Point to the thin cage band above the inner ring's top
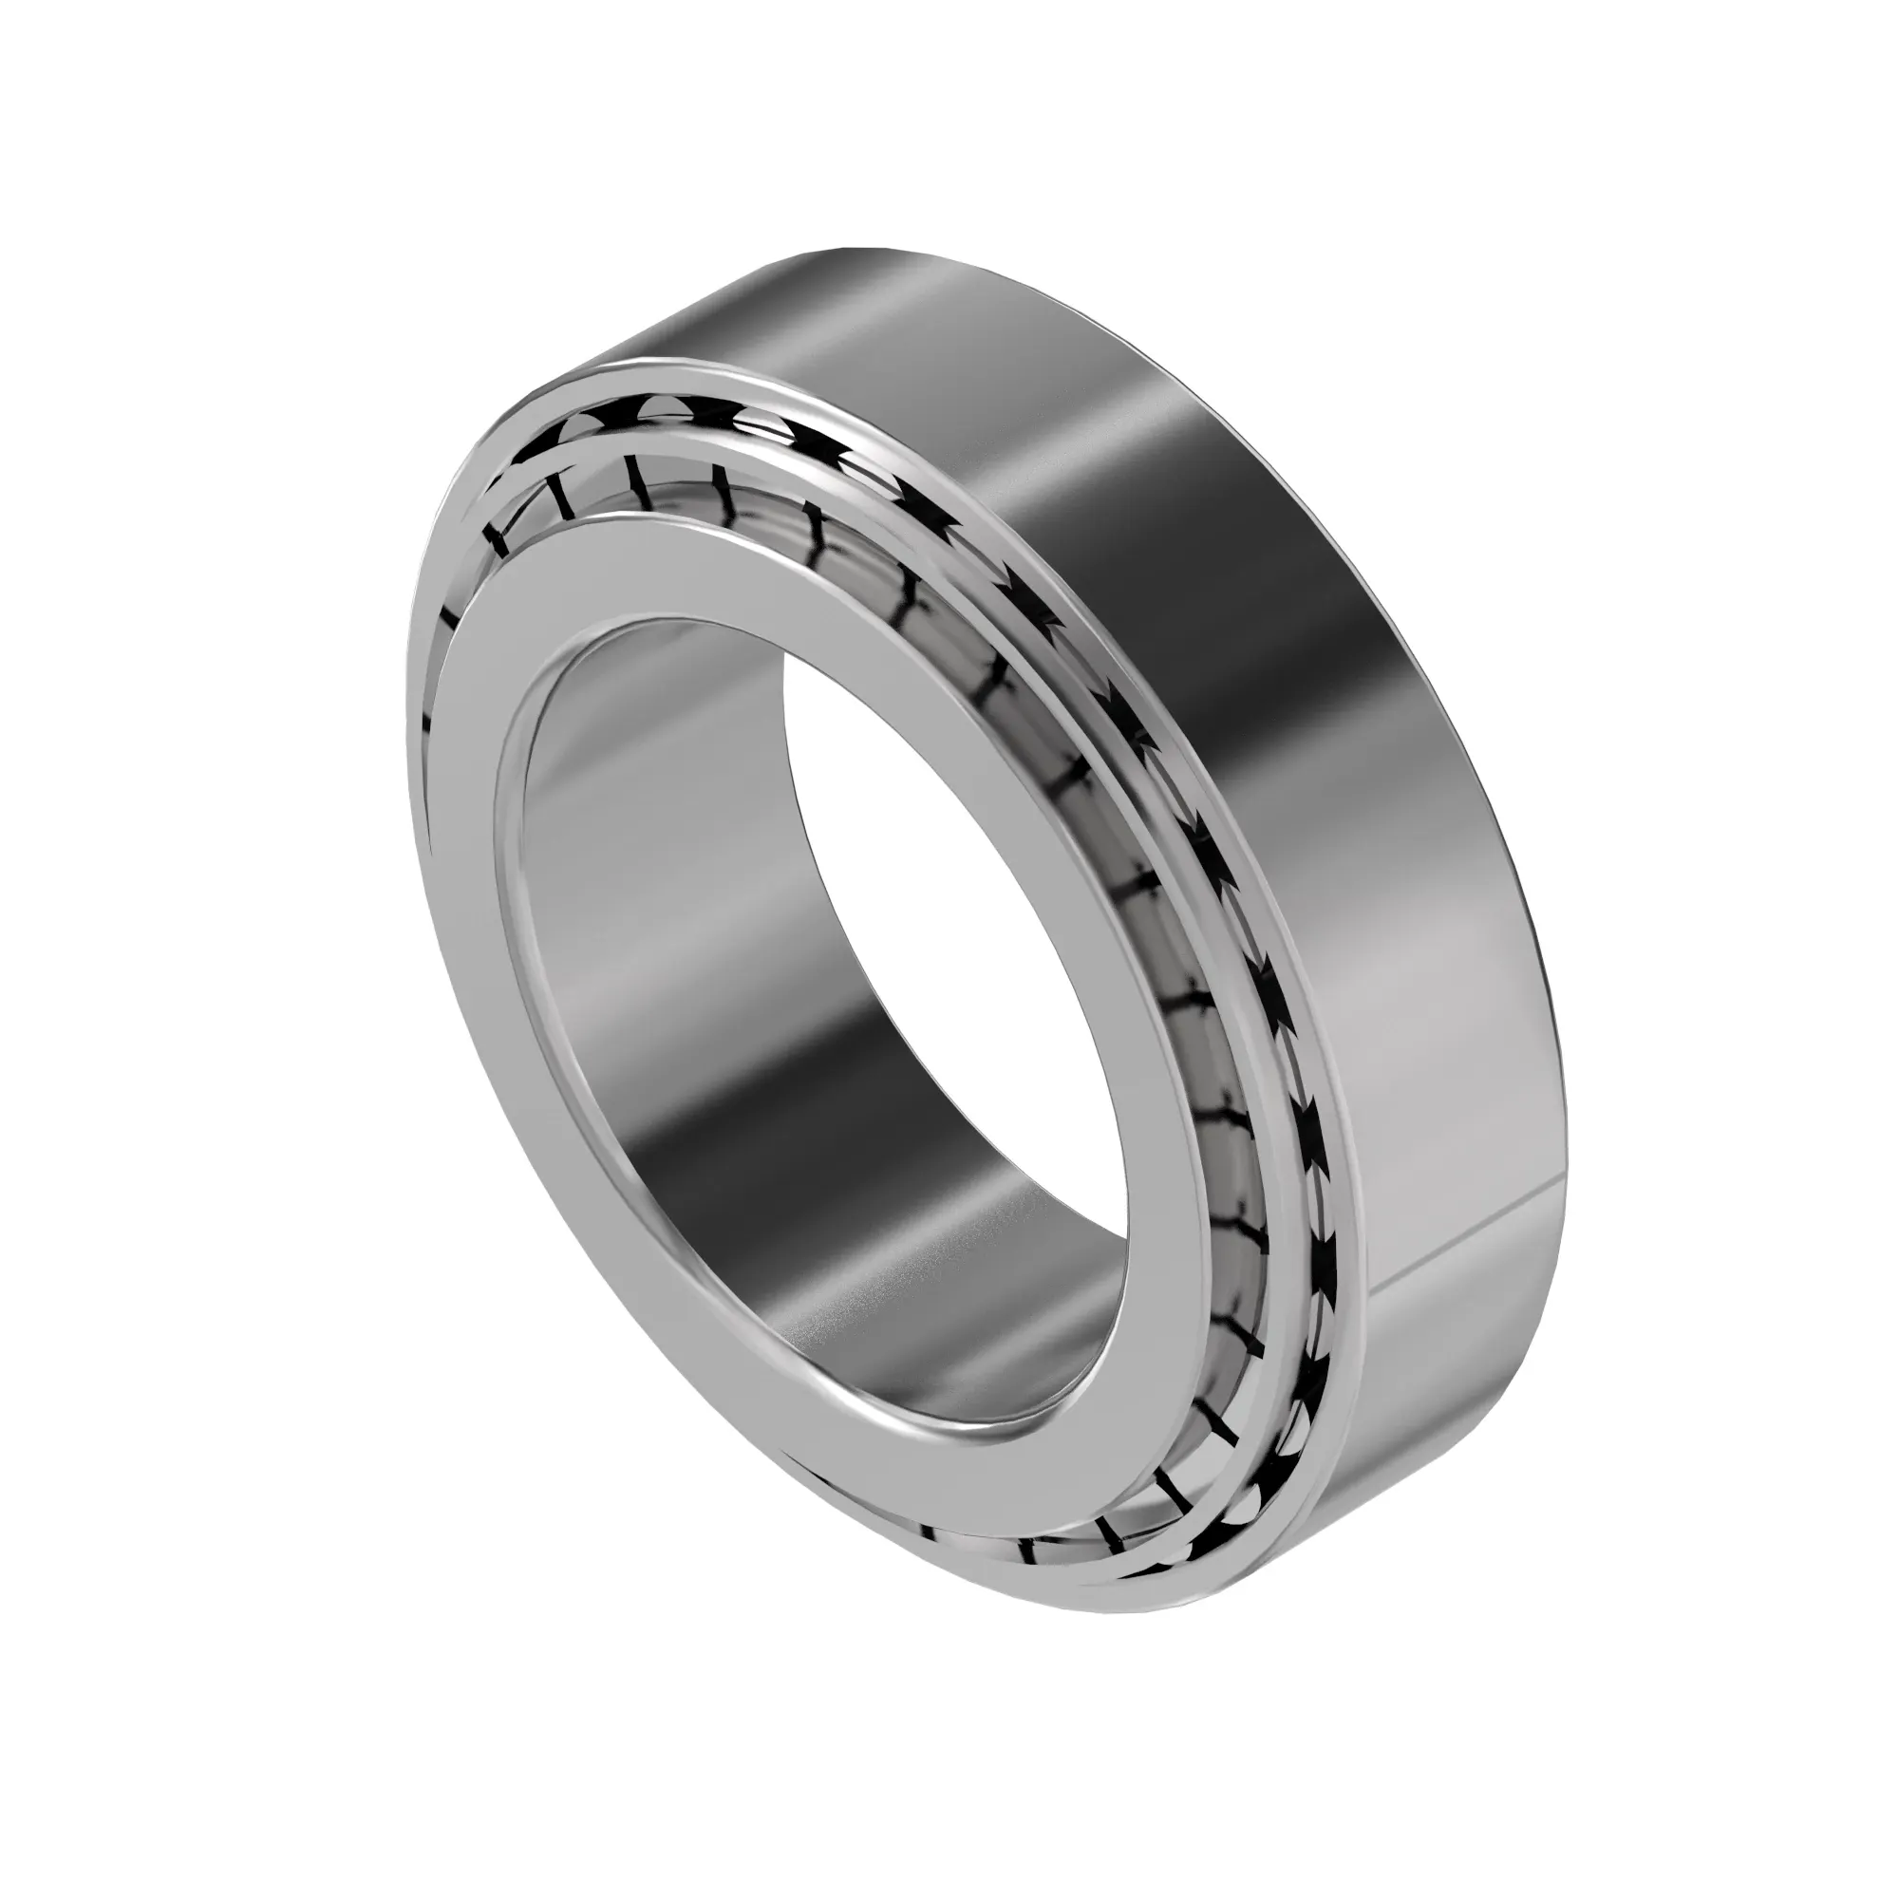point(688,492)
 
